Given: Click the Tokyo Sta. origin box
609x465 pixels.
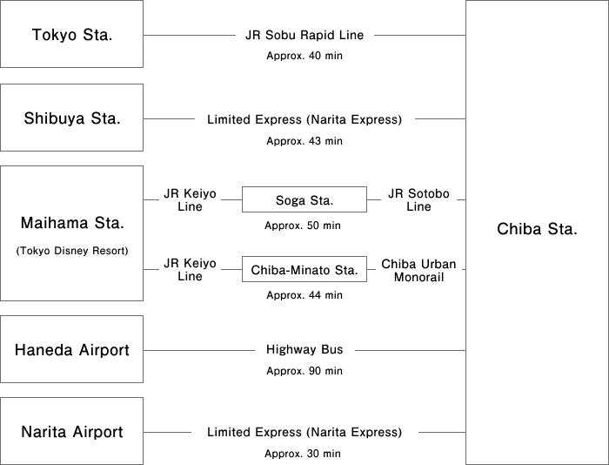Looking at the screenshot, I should [71, 35].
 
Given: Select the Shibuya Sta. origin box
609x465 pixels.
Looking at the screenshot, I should [71, 118].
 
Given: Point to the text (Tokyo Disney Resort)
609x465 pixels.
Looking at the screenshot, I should [71, 251].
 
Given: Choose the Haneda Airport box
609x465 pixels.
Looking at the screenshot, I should [71, 350].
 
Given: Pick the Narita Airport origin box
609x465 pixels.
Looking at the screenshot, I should [71, 432].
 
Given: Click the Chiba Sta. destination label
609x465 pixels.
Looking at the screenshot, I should [537, 230].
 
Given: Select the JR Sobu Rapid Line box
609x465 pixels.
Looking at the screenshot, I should [304, 36].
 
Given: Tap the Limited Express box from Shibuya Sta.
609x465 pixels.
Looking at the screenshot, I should [304, 119].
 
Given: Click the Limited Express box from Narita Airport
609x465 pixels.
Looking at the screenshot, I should [304, 432].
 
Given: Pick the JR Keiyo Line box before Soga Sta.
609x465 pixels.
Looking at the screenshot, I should [189, 200].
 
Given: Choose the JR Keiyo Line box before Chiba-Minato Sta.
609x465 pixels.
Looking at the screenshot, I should [189, 269].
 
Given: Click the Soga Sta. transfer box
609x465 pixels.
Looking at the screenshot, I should [304, 200].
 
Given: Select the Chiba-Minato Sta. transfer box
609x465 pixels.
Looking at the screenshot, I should [304, 270].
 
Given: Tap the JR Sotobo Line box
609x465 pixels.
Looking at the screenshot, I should [418, 200].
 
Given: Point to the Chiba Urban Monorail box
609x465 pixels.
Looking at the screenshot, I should [418, 269].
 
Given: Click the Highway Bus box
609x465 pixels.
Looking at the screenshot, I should [304, 350].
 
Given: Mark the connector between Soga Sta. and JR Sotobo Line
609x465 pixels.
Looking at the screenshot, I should [373, 200].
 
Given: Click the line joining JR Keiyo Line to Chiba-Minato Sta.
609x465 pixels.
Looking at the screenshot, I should [231, 270].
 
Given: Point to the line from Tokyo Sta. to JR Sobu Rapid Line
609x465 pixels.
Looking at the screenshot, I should [190, 36].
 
